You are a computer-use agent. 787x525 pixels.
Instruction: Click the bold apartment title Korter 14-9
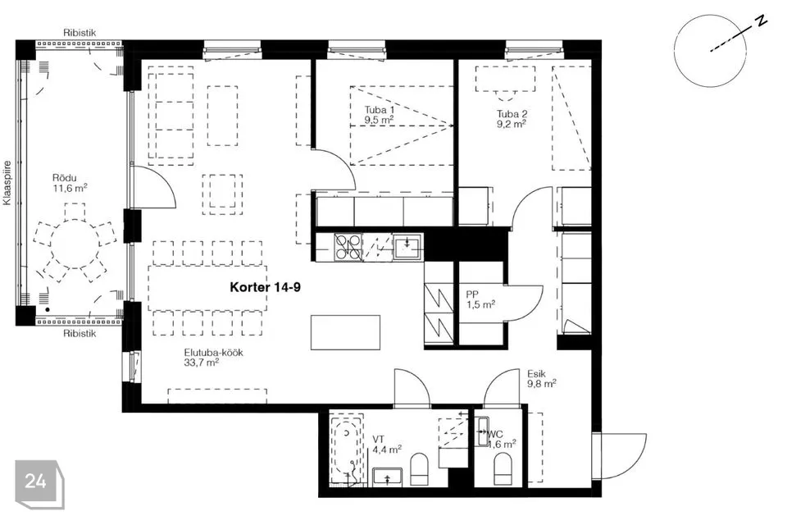265,287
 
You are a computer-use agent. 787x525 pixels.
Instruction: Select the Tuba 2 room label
512,114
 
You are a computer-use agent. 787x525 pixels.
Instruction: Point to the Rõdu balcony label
64,178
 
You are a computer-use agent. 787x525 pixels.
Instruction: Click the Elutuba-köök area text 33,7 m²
202,363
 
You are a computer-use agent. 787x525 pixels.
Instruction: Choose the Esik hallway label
536,374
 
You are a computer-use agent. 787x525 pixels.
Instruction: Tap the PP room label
472,295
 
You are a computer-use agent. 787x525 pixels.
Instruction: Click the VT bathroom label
379,440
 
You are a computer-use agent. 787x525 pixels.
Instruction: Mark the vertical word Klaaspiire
7,183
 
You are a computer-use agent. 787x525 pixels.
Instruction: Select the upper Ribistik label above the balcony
80,33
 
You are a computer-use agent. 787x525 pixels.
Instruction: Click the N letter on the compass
762,21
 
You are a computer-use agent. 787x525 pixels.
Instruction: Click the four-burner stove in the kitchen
348,247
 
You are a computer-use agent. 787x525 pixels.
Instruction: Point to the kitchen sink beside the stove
407,247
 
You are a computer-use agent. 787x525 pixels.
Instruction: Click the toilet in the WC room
503,468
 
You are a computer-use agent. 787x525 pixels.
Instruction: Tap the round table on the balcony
75,244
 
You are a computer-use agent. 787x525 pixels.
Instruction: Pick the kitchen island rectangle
345,332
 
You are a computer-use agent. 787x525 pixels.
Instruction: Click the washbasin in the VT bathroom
388,477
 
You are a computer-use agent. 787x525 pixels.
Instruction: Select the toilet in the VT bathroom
420,469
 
